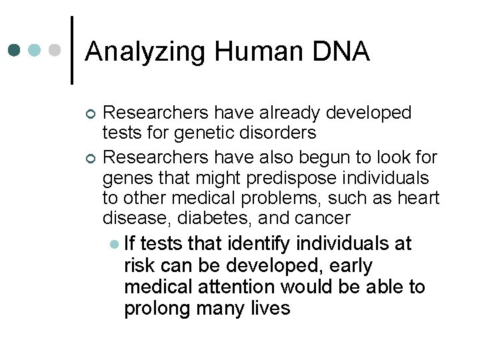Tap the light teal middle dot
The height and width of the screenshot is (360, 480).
(x=36, y=51)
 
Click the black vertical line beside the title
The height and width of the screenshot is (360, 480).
(x=72, y=49)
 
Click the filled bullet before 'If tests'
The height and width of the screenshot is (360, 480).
(x=115, y=245)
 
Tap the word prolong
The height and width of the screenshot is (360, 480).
(x=157, y=308)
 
